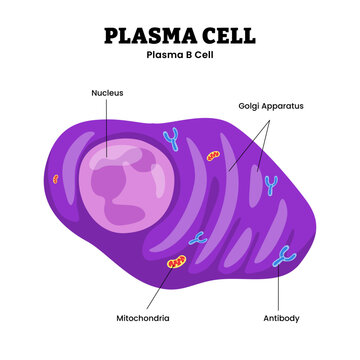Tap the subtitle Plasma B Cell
(180, 55)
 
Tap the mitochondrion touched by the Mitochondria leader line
(177, 263)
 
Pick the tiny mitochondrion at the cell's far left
(56, 180)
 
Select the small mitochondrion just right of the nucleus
(213, 156)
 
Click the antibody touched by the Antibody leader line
(285, 257)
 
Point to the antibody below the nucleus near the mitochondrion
(198, 239)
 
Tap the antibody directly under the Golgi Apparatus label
(270, 183)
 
